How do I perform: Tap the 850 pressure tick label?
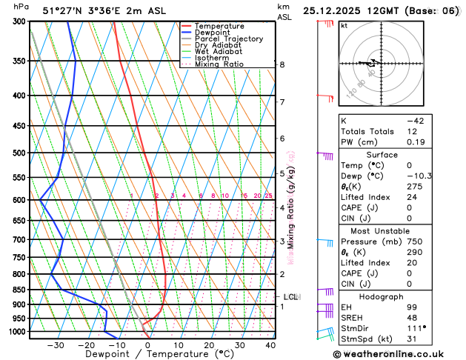pyautogui.click(x=18, y=290)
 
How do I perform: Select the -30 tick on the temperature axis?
pyautogui.click(x=56, y=344)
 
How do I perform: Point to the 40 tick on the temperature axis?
pyautogui.click(x=270, y=344)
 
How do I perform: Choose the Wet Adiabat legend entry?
pyautogui.click(x=218, y=52)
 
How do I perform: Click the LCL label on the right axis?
pyautogui.click(x=290, y=297)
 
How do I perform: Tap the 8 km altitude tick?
pyautogui.click(x=282, y=64)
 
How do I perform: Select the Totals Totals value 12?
pyautogui.click(x=412, y=131)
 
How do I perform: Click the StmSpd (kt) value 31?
pyautogui.click(x=412, y=339)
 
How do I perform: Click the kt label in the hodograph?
pyautogui.click(x=344, y=26)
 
